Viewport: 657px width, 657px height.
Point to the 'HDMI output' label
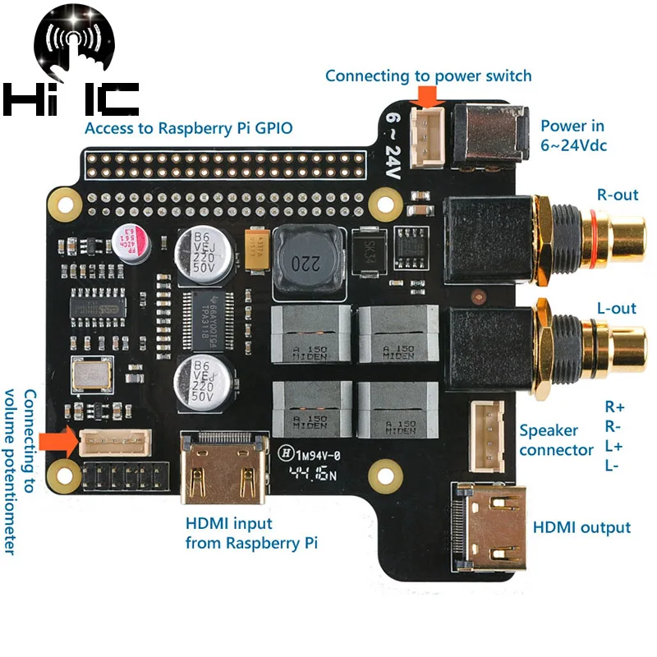pyautogui.click(x=581, y=527)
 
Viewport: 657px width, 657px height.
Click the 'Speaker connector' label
pyautogui.click(x=556, y=440)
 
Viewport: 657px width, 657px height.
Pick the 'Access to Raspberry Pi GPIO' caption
pyautogui.click(x=188, y=128)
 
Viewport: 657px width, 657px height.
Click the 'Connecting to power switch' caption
pyautogui.click(x=428, y=76)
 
